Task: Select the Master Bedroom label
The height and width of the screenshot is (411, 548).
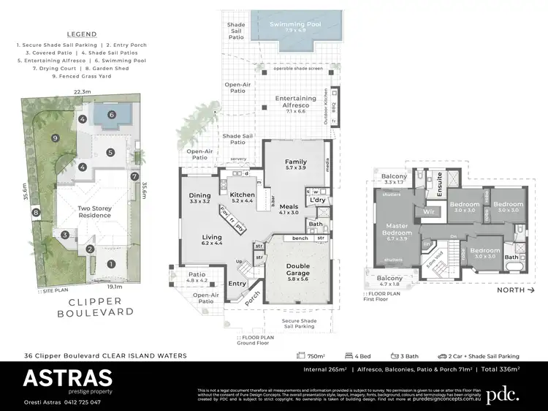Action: (x=397, y=230)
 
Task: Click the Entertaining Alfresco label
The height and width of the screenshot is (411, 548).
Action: (x=295, y=102)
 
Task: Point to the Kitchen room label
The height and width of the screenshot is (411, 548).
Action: (x=242, y=196)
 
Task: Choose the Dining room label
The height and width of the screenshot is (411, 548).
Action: (x=199, y=196)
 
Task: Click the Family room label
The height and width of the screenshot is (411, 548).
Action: (x=295, y=162)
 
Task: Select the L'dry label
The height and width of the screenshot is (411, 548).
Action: (x=316, y=200)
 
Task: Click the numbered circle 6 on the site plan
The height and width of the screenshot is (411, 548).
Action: (x=112, y=115)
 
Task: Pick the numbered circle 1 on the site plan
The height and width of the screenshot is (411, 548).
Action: (x=111, y=263)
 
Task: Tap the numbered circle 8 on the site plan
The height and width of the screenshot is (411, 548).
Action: (x=34, y=213)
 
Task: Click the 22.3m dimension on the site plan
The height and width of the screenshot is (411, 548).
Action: (x=83, y=91)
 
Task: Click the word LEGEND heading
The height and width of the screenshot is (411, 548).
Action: (x=82, y=34)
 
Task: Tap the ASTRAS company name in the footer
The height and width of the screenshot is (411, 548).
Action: (x=67, y=377)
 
